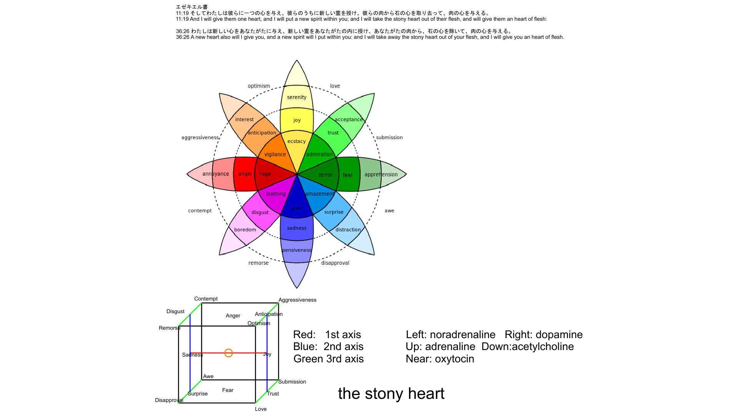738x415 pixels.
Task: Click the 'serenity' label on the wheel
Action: coord(297,97)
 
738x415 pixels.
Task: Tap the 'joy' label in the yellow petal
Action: coord(297,120)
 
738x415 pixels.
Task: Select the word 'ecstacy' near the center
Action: coord(297,141)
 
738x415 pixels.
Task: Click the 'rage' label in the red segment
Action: coord(265,174)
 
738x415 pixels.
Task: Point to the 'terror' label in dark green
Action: coord(326,175)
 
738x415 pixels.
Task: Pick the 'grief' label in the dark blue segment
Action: coord(296,209)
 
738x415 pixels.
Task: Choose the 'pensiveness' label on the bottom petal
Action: coord(297,250)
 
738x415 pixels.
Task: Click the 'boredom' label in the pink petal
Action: coord(245,230)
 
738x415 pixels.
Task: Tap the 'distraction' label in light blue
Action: coord(348,230)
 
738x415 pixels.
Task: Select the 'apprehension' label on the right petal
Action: coord(381,174)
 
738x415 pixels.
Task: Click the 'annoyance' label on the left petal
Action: coord(216,174)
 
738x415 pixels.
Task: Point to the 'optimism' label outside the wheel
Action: coord(259,86)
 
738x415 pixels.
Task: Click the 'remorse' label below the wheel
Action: coord(258,263)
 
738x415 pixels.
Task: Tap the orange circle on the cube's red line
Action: coord(228,353)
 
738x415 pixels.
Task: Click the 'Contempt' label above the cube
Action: coord(206,299)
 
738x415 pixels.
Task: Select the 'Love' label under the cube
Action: coord(261,409)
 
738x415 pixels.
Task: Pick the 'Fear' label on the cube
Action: coord(228,390)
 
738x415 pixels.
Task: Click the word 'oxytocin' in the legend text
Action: coord(454,359)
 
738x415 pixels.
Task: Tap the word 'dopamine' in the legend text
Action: coord(559,335)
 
